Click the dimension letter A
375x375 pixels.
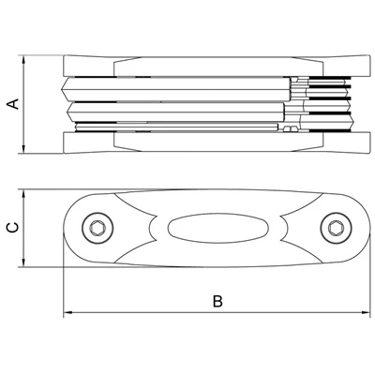pyautogui.click(x=13, y=104)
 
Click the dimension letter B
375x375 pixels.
pyautogui.click(x=217, y=301)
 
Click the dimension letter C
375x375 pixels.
pyautogui.click(x=13, y=228)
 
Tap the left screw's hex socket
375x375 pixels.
pyautogui.click(x=97, y=228)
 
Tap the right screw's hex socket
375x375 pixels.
pyautogui.click(x=336, y=228)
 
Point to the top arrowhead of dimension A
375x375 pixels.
pyautogui.click(x=23, y=60)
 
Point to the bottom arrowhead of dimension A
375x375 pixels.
pyautogui.click(x=23, y=149)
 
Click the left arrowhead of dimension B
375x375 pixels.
pyautogui.click(x=67, y=312)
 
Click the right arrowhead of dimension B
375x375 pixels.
pyautogui.click(x=366, y=312)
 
